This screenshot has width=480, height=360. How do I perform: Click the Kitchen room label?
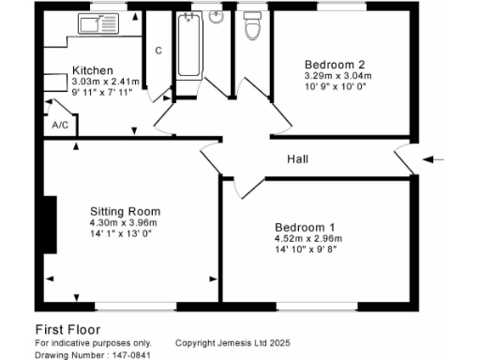(93, 70)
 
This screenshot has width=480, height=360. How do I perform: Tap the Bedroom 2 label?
(328, 65)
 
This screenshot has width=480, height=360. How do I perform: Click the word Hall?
(298, 159)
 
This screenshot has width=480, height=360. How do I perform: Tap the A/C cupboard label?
(60, 125)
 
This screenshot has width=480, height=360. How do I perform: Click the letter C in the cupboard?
(158, 50)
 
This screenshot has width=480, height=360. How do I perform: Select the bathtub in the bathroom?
(187, 47)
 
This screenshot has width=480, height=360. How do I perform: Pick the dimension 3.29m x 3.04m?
(338, 76)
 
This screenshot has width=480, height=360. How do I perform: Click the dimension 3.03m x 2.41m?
(105, 82)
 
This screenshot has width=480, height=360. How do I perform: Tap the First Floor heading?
(68, 329)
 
